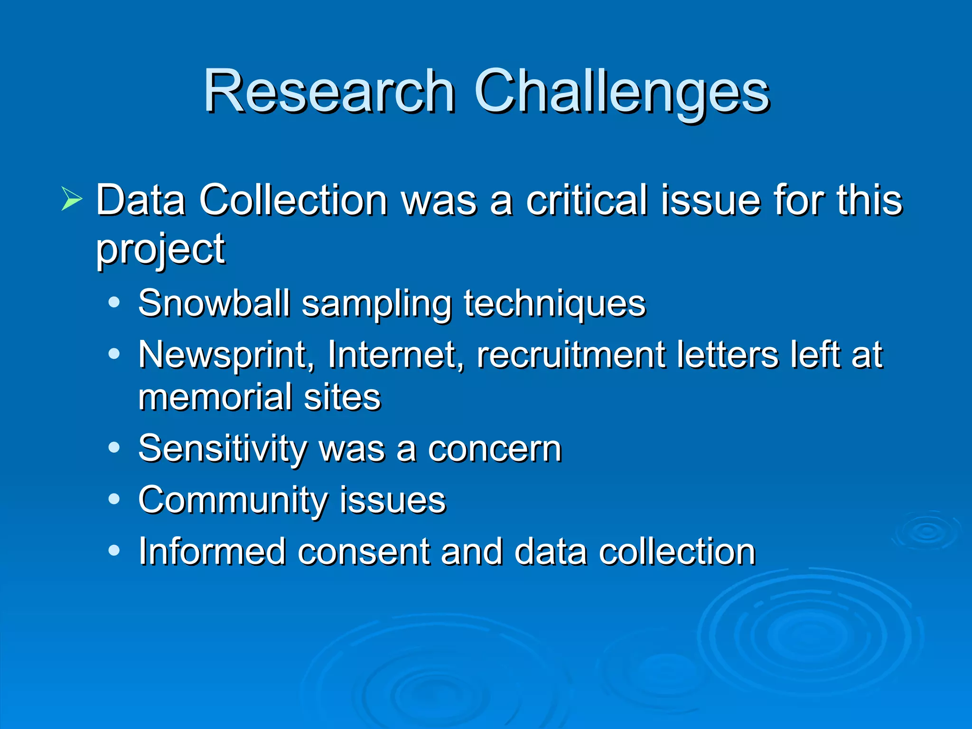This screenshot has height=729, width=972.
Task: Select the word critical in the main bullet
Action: point(587,200)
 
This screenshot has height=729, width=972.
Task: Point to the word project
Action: point(160,250)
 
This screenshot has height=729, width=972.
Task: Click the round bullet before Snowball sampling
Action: point(114,302)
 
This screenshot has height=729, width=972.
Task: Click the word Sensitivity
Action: point(223,449)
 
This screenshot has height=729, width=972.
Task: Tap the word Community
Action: point(232,500)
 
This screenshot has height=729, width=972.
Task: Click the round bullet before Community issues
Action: point(114,499)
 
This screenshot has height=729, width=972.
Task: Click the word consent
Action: point(363,551)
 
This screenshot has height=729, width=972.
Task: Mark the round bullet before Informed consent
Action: point(114,551)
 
